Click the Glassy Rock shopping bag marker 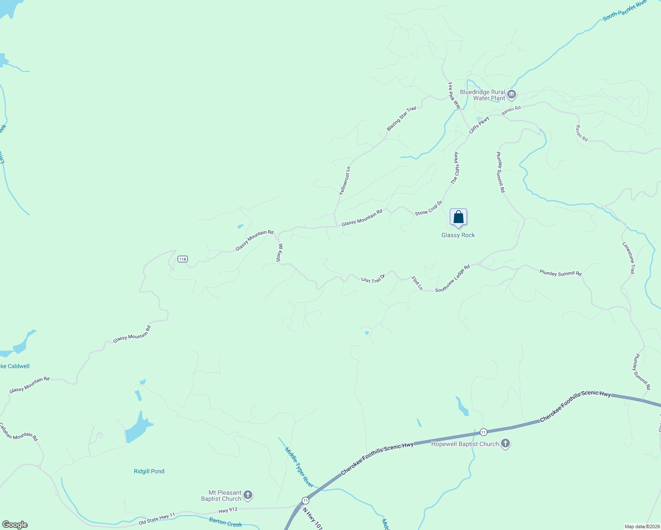pos(458,217)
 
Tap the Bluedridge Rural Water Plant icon pos(512,94)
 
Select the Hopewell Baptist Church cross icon pos(505,444)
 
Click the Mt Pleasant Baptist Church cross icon pos(248,495)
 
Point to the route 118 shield pos(182,259)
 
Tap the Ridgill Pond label pos(149,471)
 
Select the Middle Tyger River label pos(299,467)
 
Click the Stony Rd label pos(279,253)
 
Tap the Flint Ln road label pos(417,283)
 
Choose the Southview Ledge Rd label pos(452,279)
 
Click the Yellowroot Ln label pos(345,181)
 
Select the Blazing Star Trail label pos(401,118)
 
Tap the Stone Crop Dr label pos(428,208)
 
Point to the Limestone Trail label pos(628,258)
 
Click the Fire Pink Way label pos(454,95)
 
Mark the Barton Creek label pos(225,522)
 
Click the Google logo pos(15,525)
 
